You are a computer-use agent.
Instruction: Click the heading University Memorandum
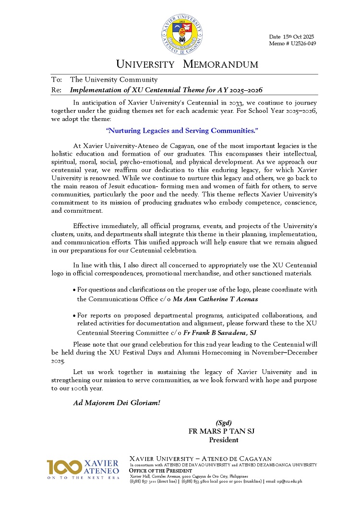pos(187,64)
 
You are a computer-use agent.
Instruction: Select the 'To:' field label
pos(57,80)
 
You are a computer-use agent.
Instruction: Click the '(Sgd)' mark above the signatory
pos(224,423)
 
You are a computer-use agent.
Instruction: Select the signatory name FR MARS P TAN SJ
pos(221,431)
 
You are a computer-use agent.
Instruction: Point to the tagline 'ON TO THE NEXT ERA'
pos(83,478)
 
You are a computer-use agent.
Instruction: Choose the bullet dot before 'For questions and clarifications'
pos(74,291)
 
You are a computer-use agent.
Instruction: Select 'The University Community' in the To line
pos(114,80)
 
